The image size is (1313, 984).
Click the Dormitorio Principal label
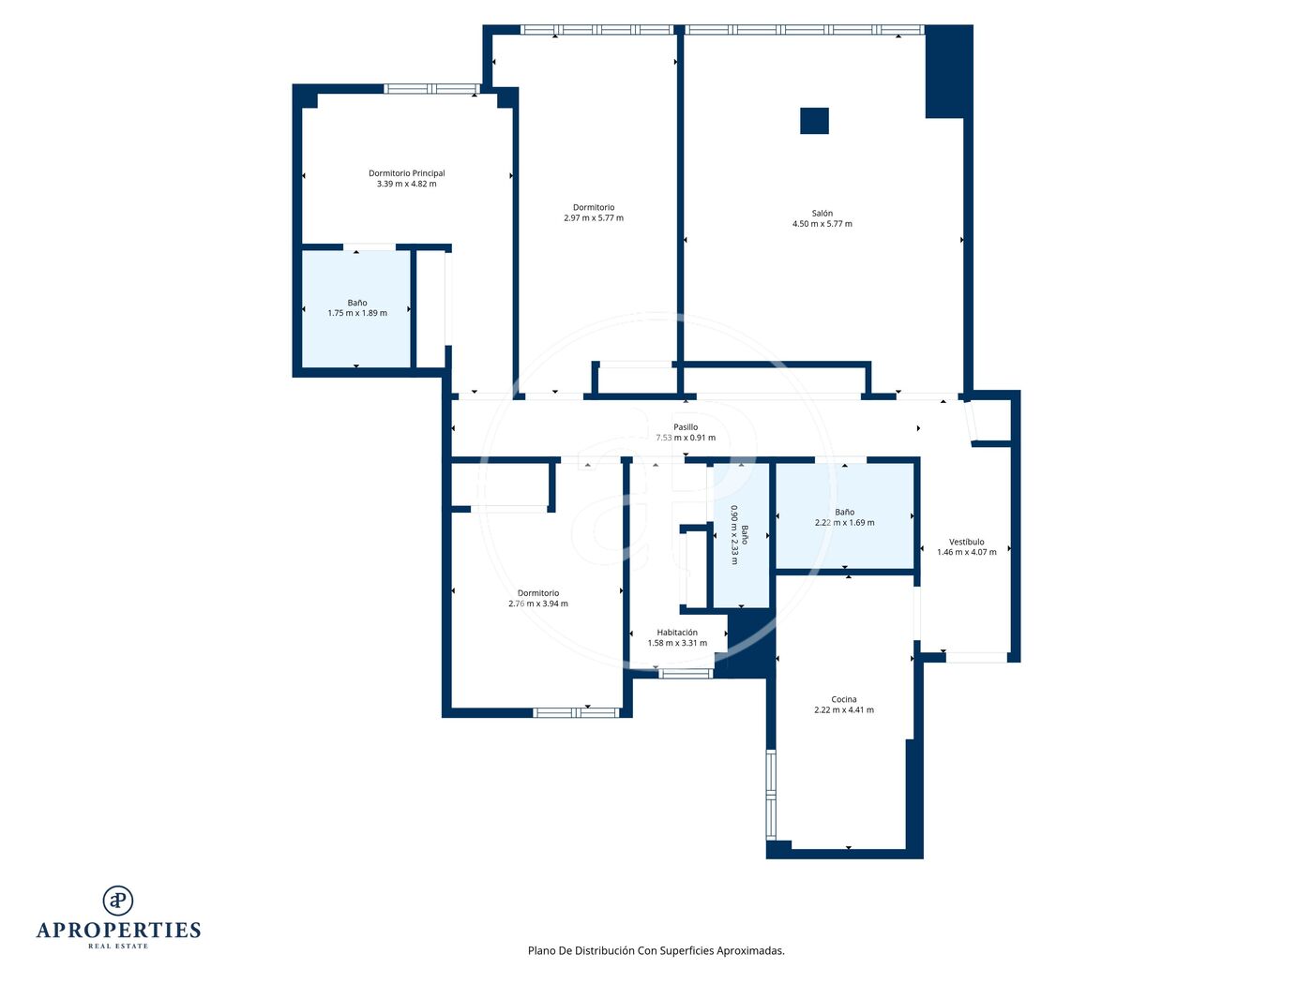(406, 173)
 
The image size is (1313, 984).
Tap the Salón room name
(822, 214)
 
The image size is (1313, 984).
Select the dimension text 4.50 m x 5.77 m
(822, 224)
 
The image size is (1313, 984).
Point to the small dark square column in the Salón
(814, 121)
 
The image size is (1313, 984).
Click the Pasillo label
(686, 427)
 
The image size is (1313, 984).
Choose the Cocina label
(843, 699)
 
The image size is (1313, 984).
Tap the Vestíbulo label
(966, 542)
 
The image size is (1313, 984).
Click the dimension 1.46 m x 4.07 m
(967, 552)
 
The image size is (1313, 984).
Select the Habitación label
(677, 632)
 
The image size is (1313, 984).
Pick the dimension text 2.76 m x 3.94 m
(537, 604)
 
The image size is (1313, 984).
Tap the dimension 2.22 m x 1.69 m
(844, 523)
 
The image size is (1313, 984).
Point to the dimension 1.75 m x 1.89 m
(357, 313)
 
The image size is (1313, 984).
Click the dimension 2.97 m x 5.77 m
(594, 218)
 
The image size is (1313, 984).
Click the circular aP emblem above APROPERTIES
(118, 901)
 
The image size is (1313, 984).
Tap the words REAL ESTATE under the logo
(118, 947)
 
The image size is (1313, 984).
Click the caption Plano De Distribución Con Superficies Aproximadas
(656, 950)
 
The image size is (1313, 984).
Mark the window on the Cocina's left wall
(771, 796)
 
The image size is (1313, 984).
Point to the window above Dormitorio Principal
(432, 89)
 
